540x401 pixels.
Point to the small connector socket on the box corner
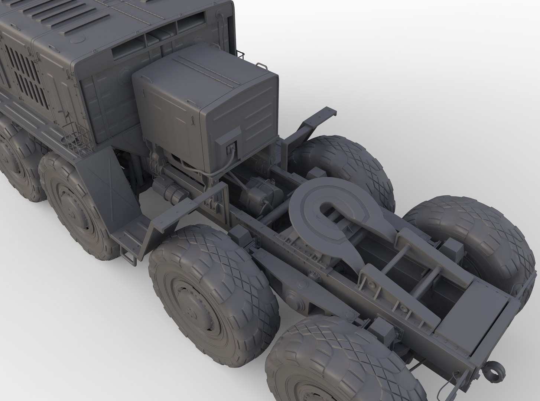click(231, 148)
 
